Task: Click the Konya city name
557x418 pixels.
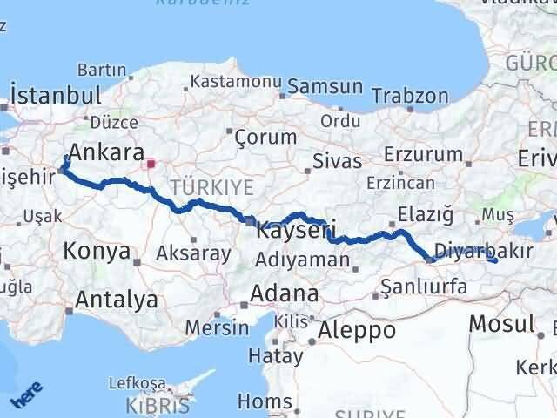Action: pos(96,253)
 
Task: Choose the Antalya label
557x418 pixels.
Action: pos(117,300)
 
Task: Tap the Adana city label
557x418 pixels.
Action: pos(283,293)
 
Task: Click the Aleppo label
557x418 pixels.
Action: pos(357,330)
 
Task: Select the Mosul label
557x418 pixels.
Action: pos(501,324)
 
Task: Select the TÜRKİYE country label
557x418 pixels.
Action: pos(211,186)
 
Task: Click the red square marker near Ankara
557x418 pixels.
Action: pos(151,162)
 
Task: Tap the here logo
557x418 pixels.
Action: pos(25,399)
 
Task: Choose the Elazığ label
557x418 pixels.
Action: pos(425,212)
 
